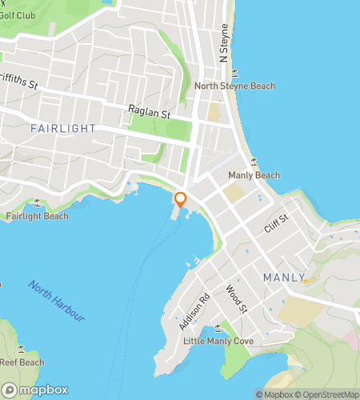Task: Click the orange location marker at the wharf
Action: [181, 200]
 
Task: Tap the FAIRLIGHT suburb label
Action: [63, 128]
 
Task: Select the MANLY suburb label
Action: [284, 278]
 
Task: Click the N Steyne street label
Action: [225, 47]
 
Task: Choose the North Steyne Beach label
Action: [235, 86]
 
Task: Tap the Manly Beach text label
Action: [254, 175]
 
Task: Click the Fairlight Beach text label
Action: [37, 216]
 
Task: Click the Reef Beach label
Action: [21, 362]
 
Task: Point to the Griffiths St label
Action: [19, 83]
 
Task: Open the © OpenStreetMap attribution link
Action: [327, 394]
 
